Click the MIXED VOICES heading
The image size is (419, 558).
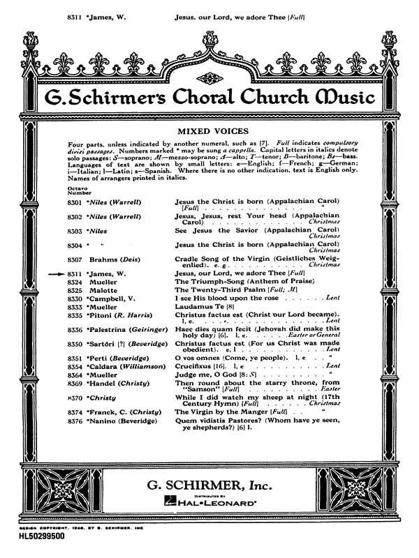209,130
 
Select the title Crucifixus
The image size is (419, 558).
194,365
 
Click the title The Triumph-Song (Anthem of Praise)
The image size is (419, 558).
228,281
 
